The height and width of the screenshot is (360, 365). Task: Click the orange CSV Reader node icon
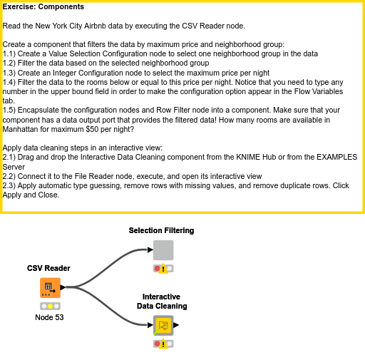(x=50, y=288)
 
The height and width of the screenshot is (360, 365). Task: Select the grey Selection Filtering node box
(x=163, y=250)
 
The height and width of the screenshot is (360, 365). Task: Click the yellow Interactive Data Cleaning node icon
(x=163, y=325)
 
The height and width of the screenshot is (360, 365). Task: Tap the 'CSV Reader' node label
(x=48, y=268)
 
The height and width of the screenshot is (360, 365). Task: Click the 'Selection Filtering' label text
(x=161, y=230)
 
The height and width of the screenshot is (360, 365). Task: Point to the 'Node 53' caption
(x=49, y=317)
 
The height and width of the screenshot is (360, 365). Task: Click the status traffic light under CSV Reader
(x=50, y=306)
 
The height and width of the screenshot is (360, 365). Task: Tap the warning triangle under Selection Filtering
(x=163, y=269)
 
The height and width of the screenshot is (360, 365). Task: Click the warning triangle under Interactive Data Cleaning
(x=163, y=344)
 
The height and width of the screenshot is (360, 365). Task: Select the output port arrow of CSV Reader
(x=63, y=287)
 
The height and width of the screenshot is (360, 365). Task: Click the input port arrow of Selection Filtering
(x=150, y=250)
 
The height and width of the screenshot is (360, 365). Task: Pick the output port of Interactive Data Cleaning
(x=176, y=325)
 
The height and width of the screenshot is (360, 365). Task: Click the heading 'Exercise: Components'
(x=43, y=6)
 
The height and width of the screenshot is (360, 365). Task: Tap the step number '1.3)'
(x=9, y=73)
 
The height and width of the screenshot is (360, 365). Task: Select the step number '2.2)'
(x=9, y=176)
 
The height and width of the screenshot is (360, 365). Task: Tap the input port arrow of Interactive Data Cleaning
(x=150, y=325)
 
